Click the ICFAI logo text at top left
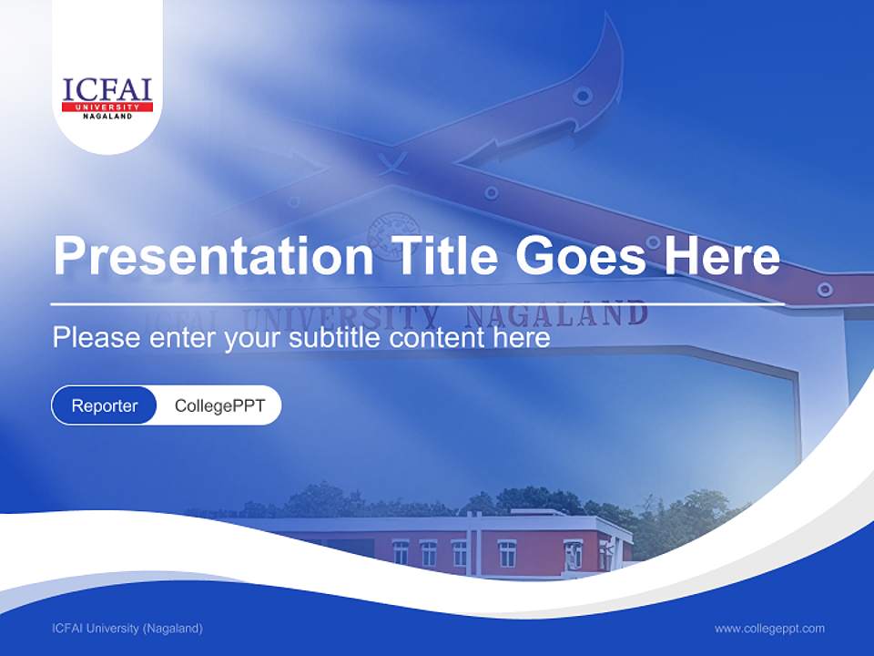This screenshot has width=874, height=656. click(x=107, y=90)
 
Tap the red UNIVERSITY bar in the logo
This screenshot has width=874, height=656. click(x=107, y=108)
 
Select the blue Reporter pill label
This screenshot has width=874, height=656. click(x=105, y=405)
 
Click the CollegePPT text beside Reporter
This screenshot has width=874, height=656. click(x=219, y=405)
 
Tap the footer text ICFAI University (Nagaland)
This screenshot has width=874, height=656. click(x=127, y=629)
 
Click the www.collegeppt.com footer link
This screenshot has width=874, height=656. click(x=769, y=629)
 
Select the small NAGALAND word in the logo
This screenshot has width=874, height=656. click(x=107, y=117)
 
